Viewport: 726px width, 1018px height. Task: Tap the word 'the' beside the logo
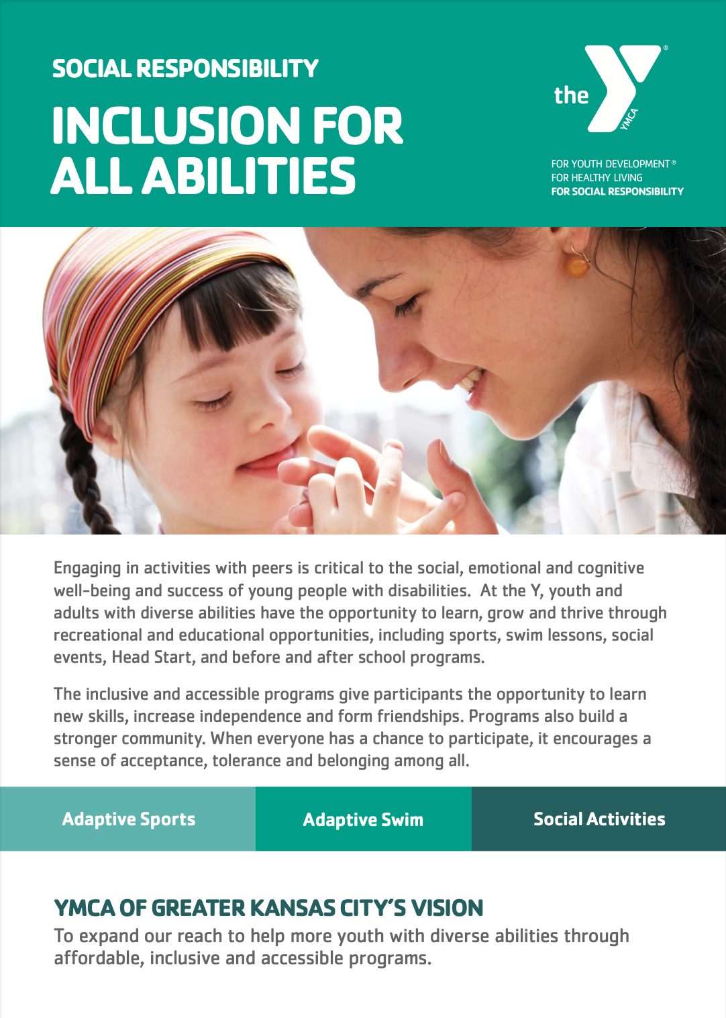point(571,95)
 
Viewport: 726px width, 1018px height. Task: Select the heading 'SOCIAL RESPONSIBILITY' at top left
point(185,68)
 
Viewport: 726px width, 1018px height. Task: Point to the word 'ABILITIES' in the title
point(249,175)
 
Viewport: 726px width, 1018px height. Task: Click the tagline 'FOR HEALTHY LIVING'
point(597,178)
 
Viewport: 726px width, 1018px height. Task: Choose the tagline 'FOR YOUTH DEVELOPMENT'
point(611,164)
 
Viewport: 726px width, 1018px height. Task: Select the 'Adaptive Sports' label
point(128,819)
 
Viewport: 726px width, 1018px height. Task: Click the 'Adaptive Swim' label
point(363,819)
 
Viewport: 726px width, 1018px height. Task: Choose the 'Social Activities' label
point(599,819)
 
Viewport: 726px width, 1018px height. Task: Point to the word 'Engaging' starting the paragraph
point(88,569)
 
